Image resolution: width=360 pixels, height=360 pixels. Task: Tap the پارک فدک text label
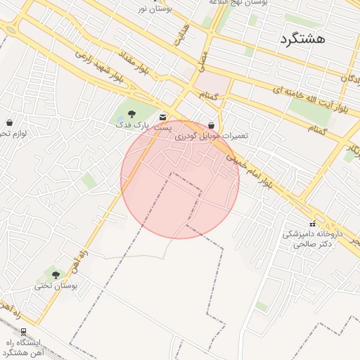point(133,124)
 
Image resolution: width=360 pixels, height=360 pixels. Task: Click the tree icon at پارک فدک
point(131,114)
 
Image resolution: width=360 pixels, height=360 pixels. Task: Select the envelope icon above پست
point(163,117)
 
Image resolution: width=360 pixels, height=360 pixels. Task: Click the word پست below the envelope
point(163,128)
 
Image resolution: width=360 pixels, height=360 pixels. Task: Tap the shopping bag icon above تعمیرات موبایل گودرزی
point(211,124)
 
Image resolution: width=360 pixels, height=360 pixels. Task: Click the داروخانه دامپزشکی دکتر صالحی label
point(312,238)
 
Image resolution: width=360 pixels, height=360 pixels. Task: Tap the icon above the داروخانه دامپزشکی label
point(312,224)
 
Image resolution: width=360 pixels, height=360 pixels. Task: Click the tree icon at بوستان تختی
point(56,275)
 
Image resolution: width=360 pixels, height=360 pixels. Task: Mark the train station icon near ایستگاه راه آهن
point(23,331)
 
